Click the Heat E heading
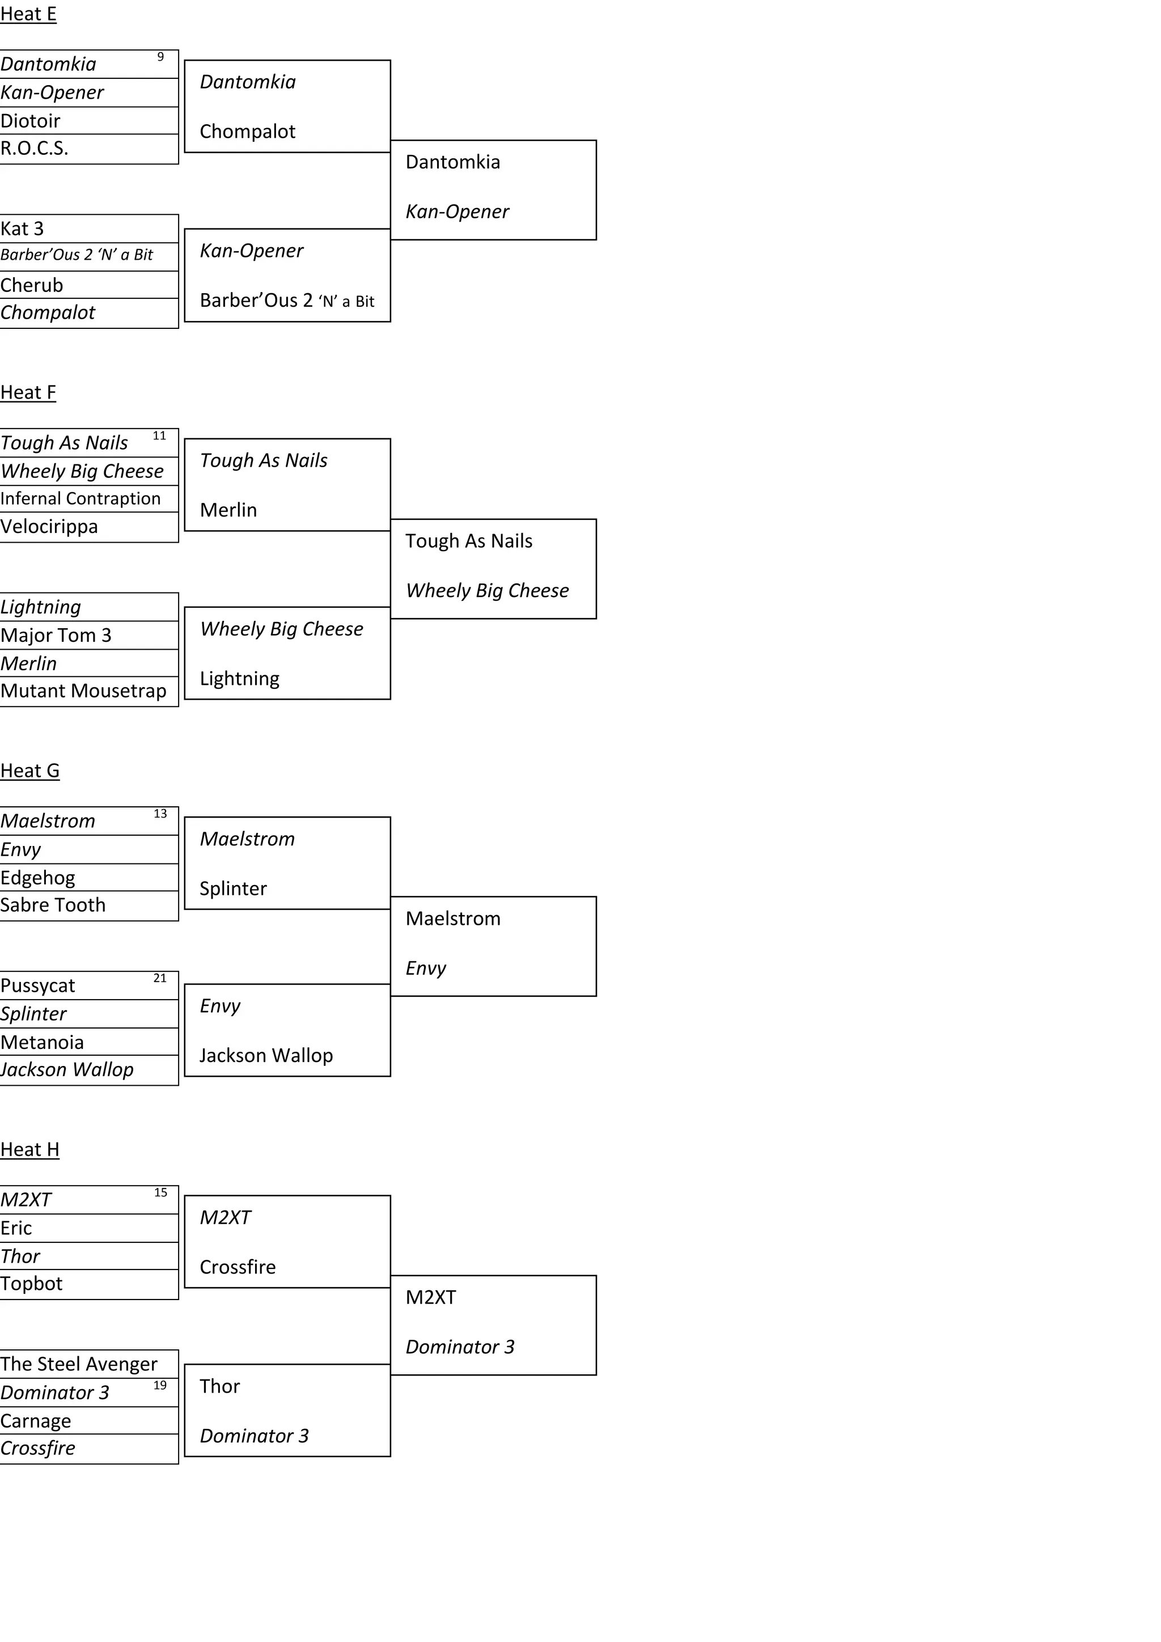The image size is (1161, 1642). click(x=28, y=14)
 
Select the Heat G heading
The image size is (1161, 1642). click(x=29, y=771)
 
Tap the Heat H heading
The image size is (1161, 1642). click(x=29, y=1149)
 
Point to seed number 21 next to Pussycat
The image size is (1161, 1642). click(x=160, y=978)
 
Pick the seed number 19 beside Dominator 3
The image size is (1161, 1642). click(x=160, y=1385)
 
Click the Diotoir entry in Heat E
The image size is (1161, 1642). click(x=30, y=121)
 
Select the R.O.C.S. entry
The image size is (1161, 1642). click(x=35, y=148)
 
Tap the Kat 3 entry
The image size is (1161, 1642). click(x=22, y=229)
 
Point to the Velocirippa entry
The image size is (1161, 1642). click(x=49, y=526)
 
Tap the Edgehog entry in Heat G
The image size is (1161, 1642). click(x=37, y=878)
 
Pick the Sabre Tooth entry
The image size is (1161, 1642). click(x=52, y=905)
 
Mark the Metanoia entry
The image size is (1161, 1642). click(x=41, y=1042)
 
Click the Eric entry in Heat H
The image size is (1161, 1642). click(x=16, y=1228)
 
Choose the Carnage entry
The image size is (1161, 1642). click(x=35, y=1420)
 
